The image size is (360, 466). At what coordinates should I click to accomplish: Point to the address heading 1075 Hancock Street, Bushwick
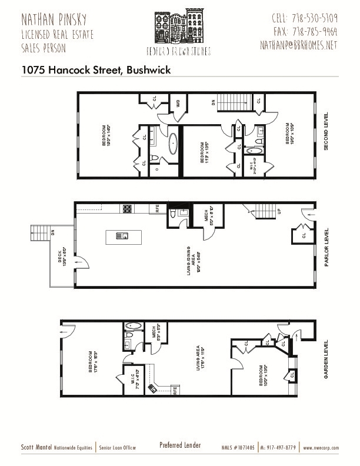click(x=96, y=69)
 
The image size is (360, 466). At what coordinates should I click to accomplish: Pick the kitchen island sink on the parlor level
click(x=124, y=237)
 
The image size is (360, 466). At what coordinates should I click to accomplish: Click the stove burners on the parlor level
click(x=127, y=208)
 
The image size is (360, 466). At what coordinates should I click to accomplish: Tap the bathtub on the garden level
click(x=132, y=325)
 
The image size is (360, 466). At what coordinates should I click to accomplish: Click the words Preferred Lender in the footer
click(x=180, y=445)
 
